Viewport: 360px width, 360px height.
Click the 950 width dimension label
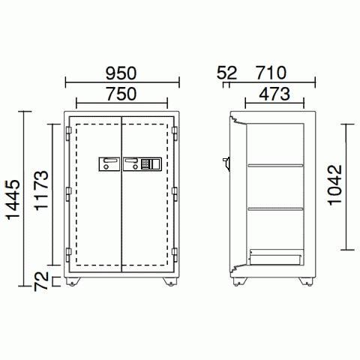[121, 73]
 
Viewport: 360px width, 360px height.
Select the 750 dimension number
[121, 94]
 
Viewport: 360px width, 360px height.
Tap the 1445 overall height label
[13, 200]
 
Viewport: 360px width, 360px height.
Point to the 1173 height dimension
[41, 190]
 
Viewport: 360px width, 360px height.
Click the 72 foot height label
[41, 281]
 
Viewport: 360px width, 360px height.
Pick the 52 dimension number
[226, 73]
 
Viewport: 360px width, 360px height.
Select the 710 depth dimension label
[271, 73]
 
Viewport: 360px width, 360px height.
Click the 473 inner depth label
[274, 94]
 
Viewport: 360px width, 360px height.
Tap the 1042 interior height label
[335, 185]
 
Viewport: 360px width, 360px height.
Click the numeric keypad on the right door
[145, 164]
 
